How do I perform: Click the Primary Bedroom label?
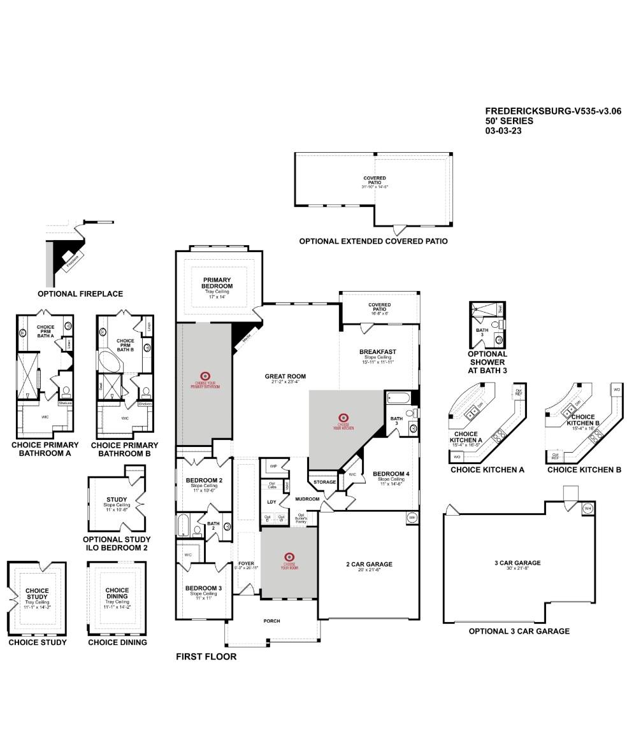[x=217, y=283]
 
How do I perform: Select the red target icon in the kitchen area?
[x=343, y=418]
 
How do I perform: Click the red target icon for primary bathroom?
[x=205, y=376]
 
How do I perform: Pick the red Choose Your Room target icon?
[x=289, y=556]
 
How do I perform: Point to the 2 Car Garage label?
[x=369, y=564]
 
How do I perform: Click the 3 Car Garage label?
[x=517, y=563]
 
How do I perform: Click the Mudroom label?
[x=306, y=499]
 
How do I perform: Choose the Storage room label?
[x=324, y=482]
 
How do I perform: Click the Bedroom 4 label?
[x=391, y=474]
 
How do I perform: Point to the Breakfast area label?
[x=377, y=351]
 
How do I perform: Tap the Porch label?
[x=271, y=621]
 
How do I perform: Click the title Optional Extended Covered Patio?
[x=373, y=241]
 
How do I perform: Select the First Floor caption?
[x=206, y=656]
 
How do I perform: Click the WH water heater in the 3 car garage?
[x=587, y=508]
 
